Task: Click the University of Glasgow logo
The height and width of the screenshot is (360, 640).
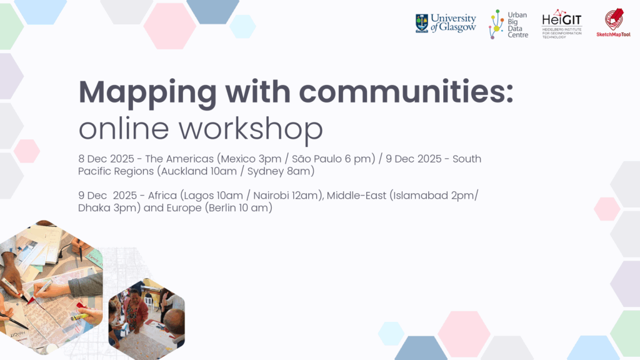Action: (445, 23)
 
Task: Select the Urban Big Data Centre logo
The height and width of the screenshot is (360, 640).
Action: (508, 24)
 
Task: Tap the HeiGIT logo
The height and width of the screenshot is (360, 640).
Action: (562, 24)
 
